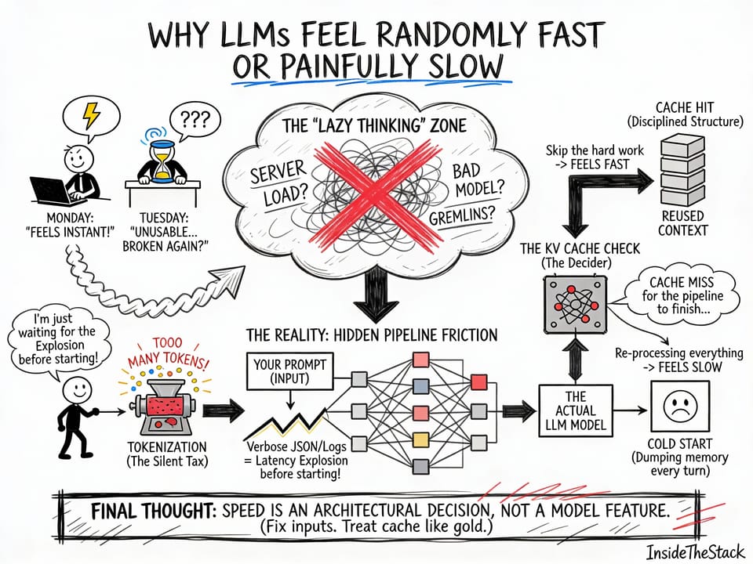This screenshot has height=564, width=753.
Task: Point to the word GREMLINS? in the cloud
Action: tap(462, 213)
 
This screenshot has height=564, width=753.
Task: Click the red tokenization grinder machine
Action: tap(164, 408)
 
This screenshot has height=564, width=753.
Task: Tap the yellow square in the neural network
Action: tap(422, 438)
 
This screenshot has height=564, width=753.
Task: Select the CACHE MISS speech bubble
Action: tap(679, 295)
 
